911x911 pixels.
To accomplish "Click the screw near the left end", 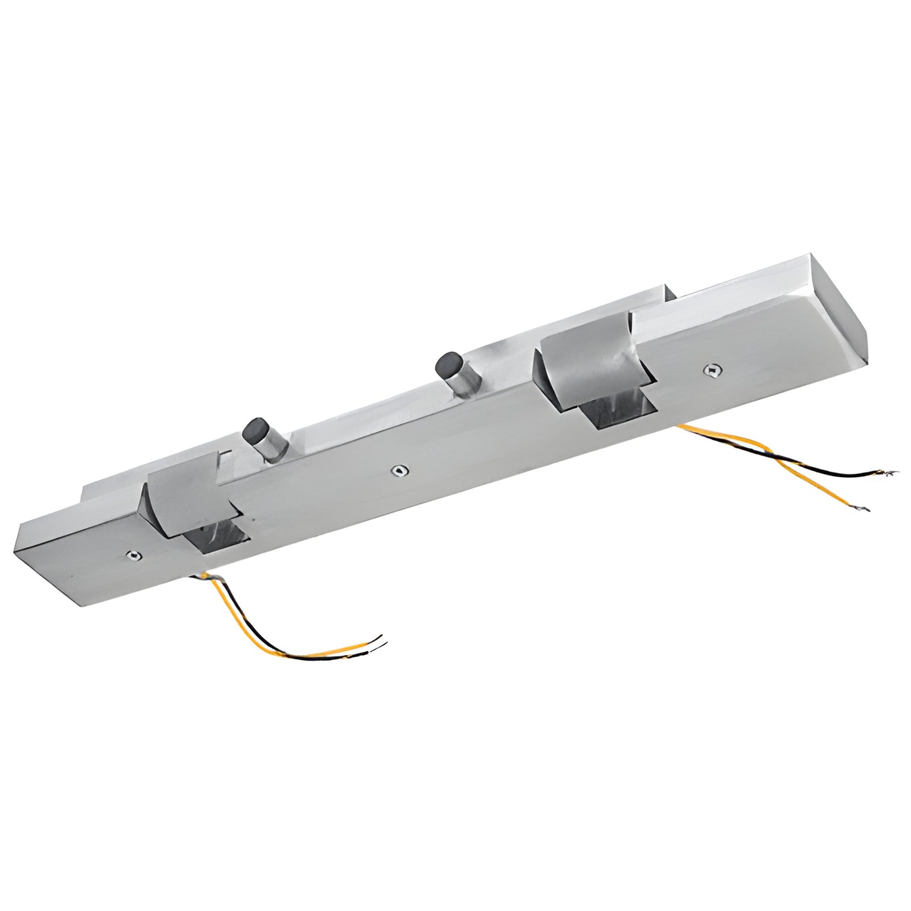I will [132, 555].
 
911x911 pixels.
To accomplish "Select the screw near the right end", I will [713, 370].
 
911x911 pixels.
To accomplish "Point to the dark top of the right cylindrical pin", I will [447, 364].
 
